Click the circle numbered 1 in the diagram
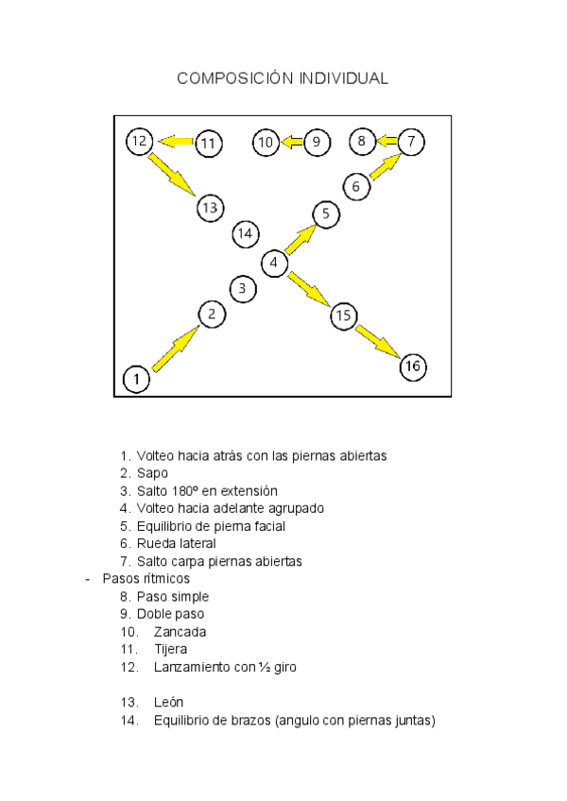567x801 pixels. coord(137,380)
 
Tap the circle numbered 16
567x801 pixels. coord(413,366)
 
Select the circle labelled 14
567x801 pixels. coord(246,232)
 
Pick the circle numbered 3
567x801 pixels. coord(243,288)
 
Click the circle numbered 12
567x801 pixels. coord(139,142)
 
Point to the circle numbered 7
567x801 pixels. coord(411,142)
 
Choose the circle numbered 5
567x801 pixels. coord(325,214)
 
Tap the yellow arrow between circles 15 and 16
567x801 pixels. coord(377,341)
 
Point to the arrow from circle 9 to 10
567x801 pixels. coord(291,143)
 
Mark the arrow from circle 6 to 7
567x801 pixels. coord(383,166)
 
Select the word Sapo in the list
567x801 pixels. coord(152,472)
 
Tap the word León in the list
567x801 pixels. coord(168,703)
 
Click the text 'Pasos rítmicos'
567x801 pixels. coord(146,578)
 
